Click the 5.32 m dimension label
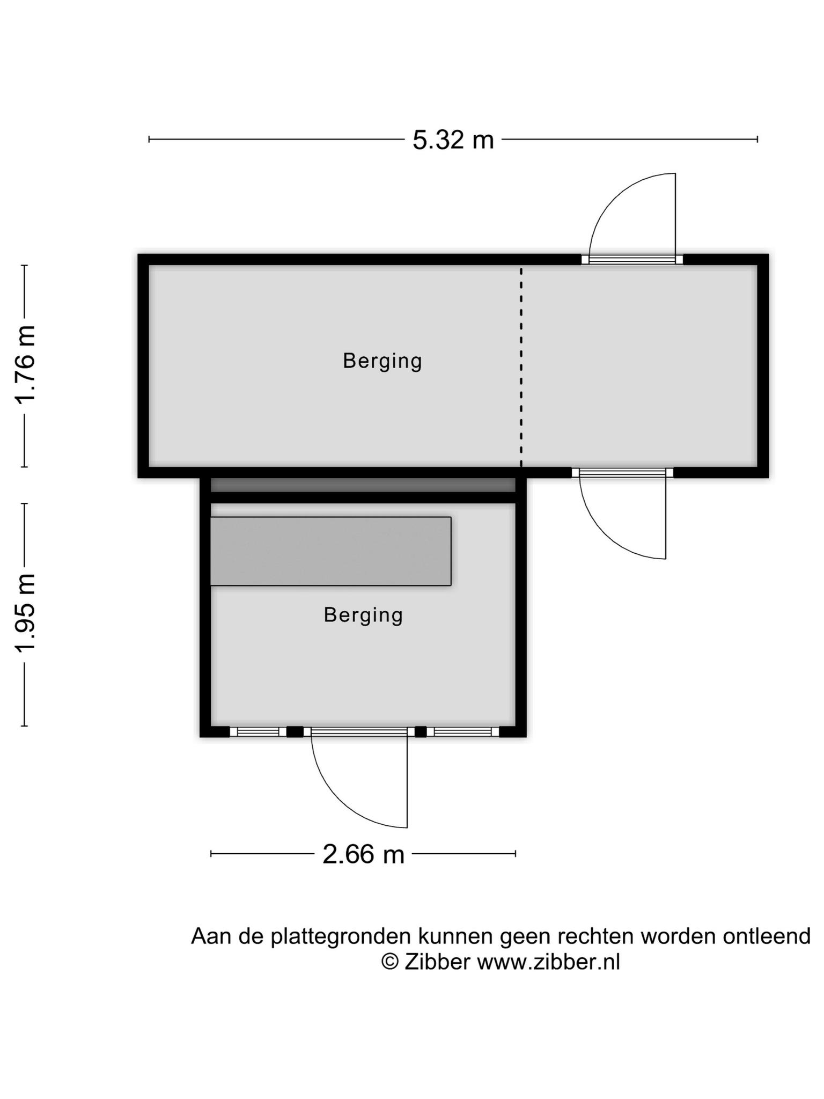(x=453, y=140)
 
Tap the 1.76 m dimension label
(x=25, y=365)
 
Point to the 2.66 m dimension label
(x=363, y=854)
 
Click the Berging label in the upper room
(x=382, y=361)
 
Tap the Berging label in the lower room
(x=363, y=615)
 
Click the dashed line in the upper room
(x=521, y=368)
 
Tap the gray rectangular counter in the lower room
(x=330, y=551)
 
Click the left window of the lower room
(x=258, y=731)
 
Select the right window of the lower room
(x=462, y=731)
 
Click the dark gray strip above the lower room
(x=363, y=485)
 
